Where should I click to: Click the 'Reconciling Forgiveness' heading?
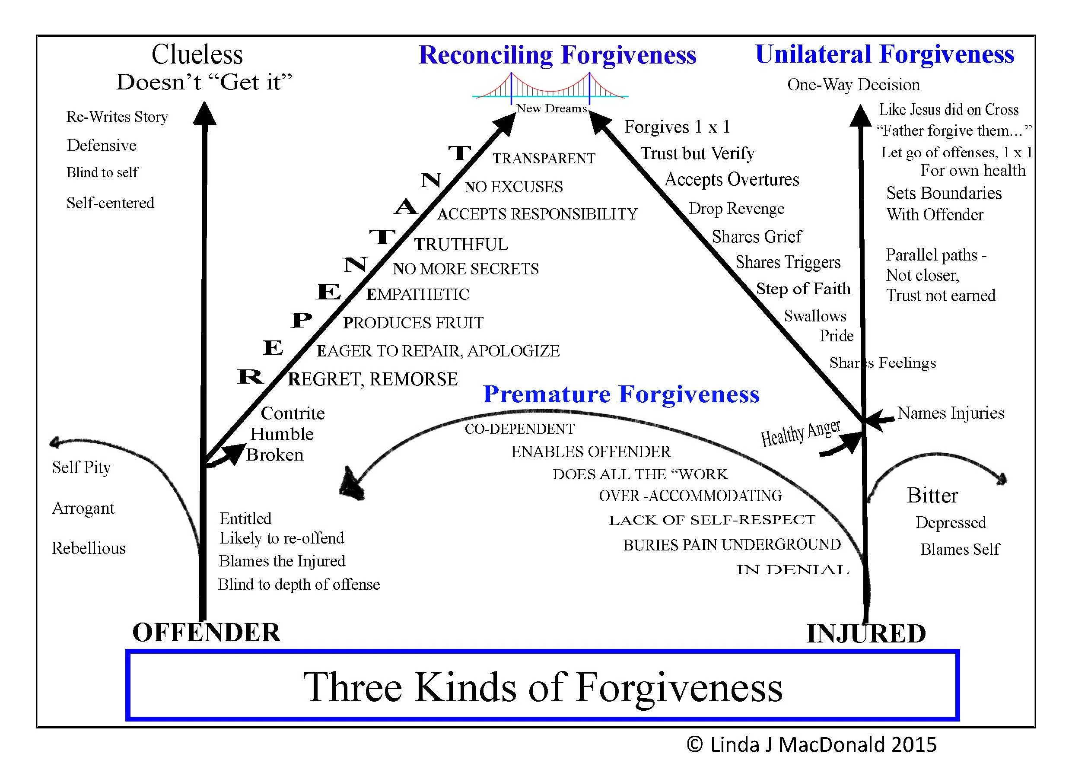coord(557,55)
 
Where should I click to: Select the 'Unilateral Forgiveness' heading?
coord(884,54)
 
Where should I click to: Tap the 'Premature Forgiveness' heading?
coord(621,394)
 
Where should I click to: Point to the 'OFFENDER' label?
coord(206,633)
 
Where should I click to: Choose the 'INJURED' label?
coord(866,633)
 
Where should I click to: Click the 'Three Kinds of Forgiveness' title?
coord(543,687)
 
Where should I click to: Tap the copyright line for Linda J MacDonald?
coord(811,745)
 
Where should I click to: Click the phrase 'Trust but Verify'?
coord(697,153)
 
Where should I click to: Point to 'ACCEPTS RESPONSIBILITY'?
coord(538,214)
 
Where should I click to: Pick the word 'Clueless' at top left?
coord(197,54)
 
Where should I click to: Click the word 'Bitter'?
coord(932,496)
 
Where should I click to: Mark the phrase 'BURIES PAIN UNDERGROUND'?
coord(732,545)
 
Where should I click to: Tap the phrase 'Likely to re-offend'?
coord(282,538)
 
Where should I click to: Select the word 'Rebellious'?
coord(89,548)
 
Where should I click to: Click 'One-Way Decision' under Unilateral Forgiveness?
coord(853,85)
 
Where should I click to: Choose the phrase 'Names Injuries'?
coord(950,413)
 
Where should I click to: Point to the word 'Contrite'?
coord(293,413)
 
